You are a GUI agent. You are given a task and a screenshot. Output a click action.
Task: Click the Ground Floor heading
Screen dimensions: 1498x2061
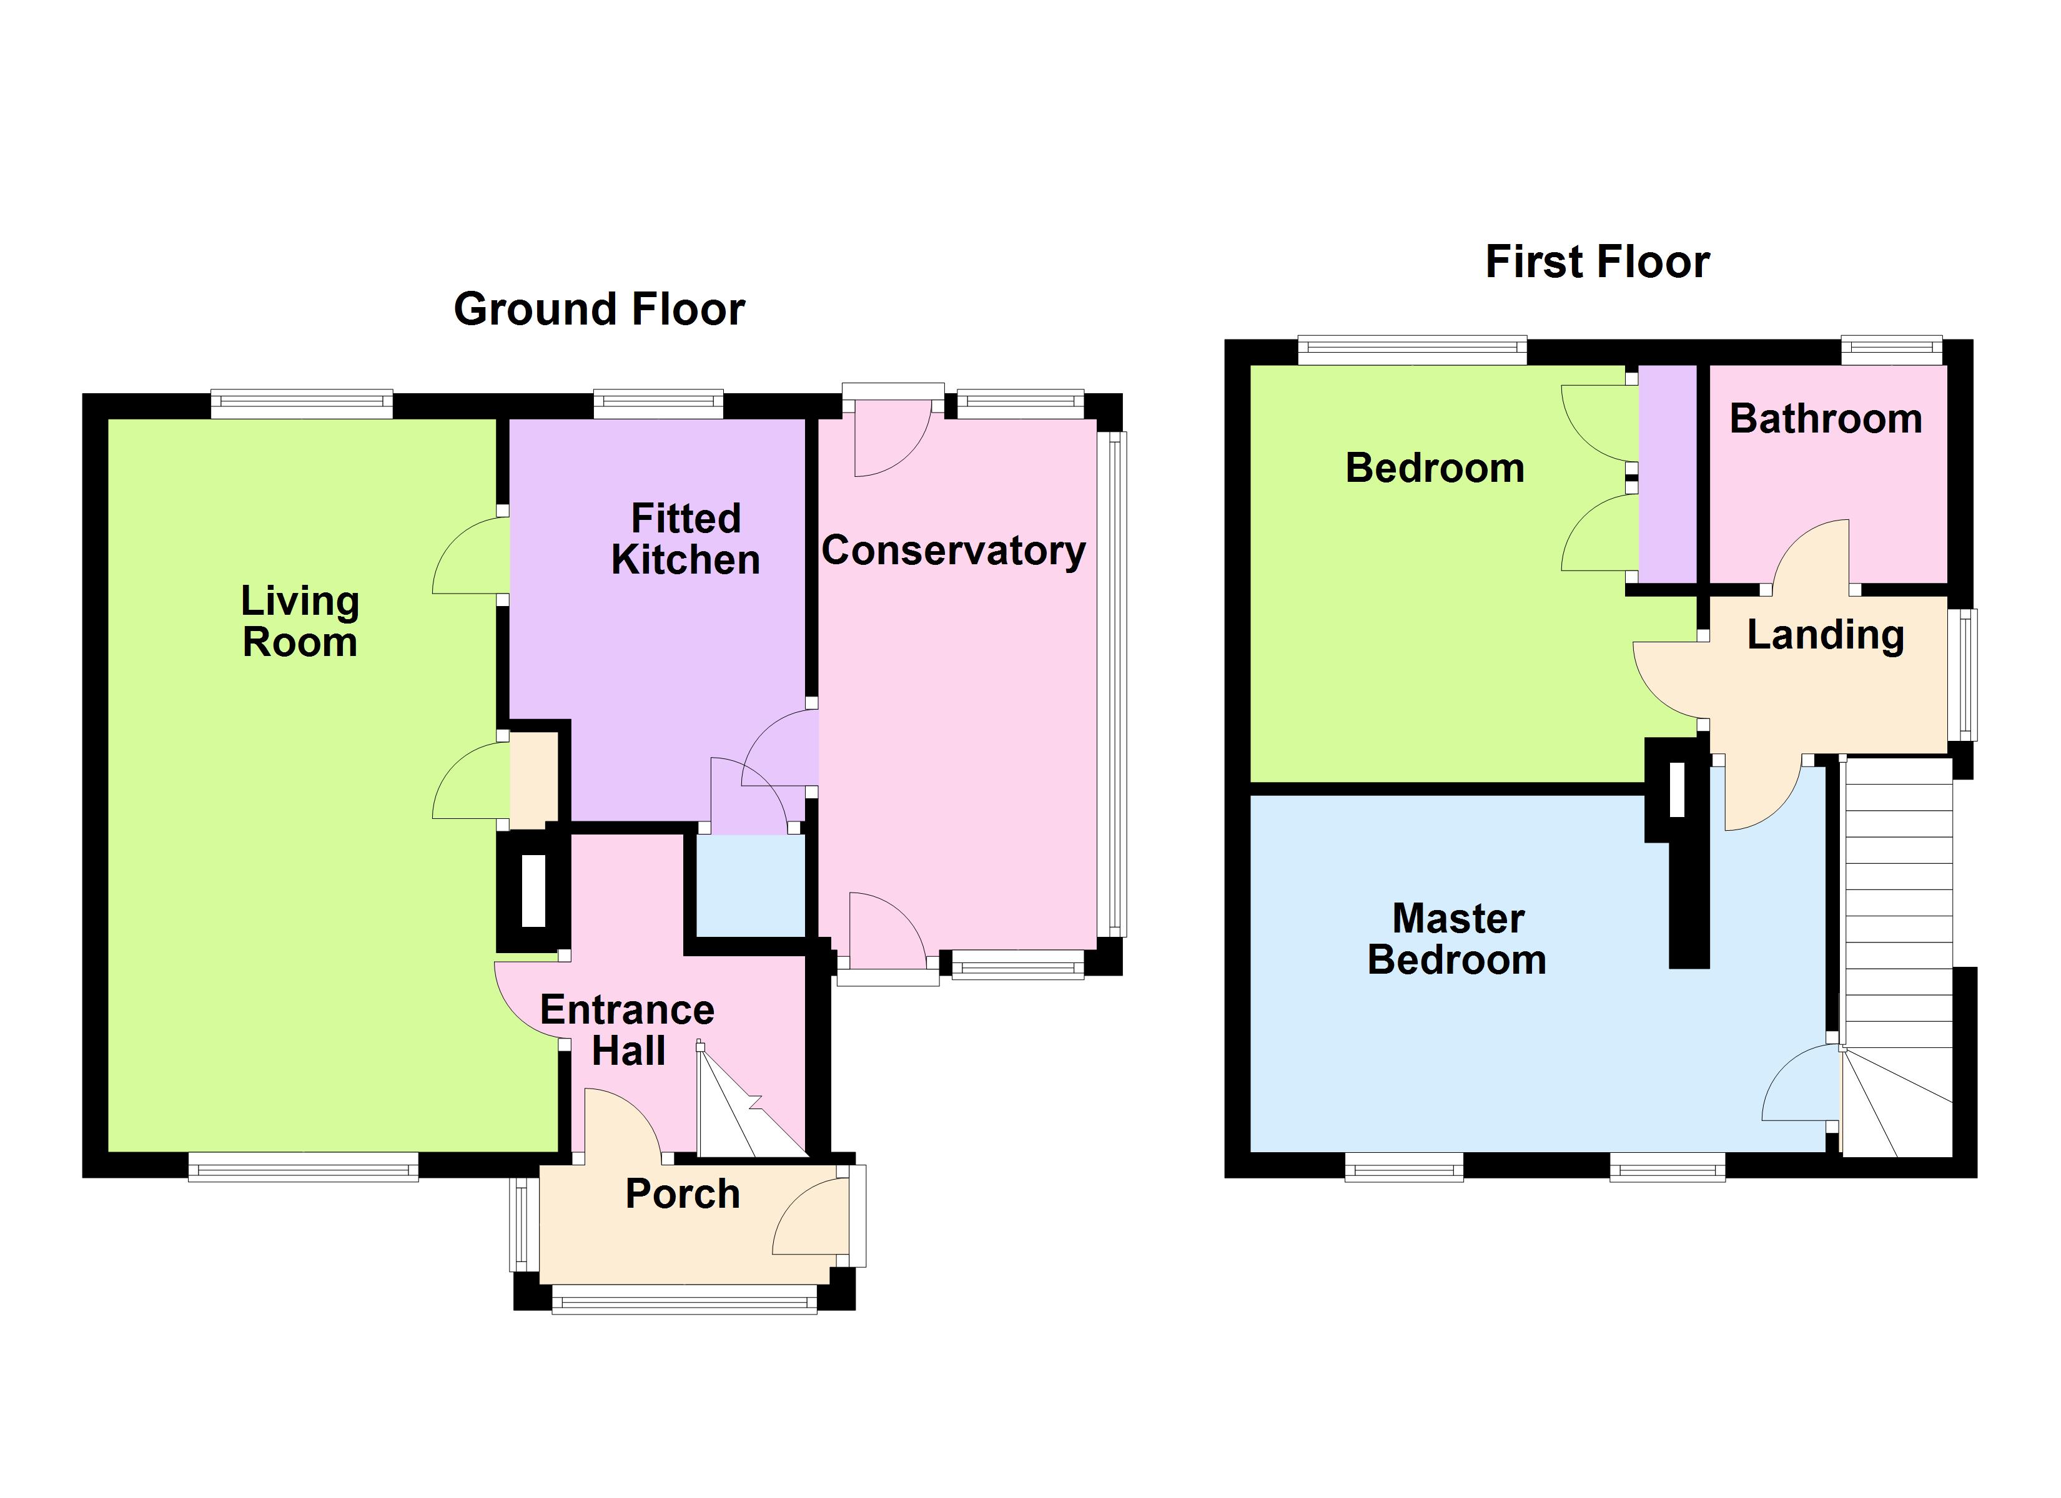point(599,309)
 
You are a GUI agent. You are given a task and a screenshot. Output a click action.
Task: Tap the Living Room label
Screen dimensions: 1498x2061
point(300,622)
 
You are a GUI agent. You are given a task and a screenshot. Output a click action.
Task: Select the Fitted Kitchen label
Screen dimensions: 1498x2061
point(685,540)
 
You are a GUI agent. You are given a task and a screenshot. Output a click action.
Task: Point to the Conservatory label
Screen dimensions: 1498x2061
point(953,551)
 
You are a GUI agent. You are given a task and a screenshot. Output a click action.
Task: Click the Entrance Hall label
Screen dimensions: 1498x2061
point(627,1030)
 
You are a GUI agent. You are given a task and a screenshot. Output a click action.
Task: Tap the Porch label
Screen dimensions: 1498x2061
point(683,1193)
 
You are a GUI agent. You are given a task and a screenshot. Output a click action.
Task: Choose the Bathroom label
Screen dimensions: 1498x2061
point(1825,419)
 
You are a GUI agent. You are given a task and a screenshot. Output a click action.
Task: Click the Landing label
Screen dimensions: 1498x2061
point(1825,635)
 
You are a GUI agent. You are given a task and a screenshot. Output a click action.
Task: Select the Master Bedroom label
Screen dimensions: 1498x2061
point(1456,939)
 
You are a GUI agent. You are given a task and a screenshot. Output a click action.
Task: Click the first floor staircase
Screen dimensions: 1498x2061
point(1897,908)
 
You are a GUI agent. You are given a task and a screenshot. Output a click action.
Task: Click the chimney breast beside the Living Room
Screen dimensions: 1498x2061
point(533,891)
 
